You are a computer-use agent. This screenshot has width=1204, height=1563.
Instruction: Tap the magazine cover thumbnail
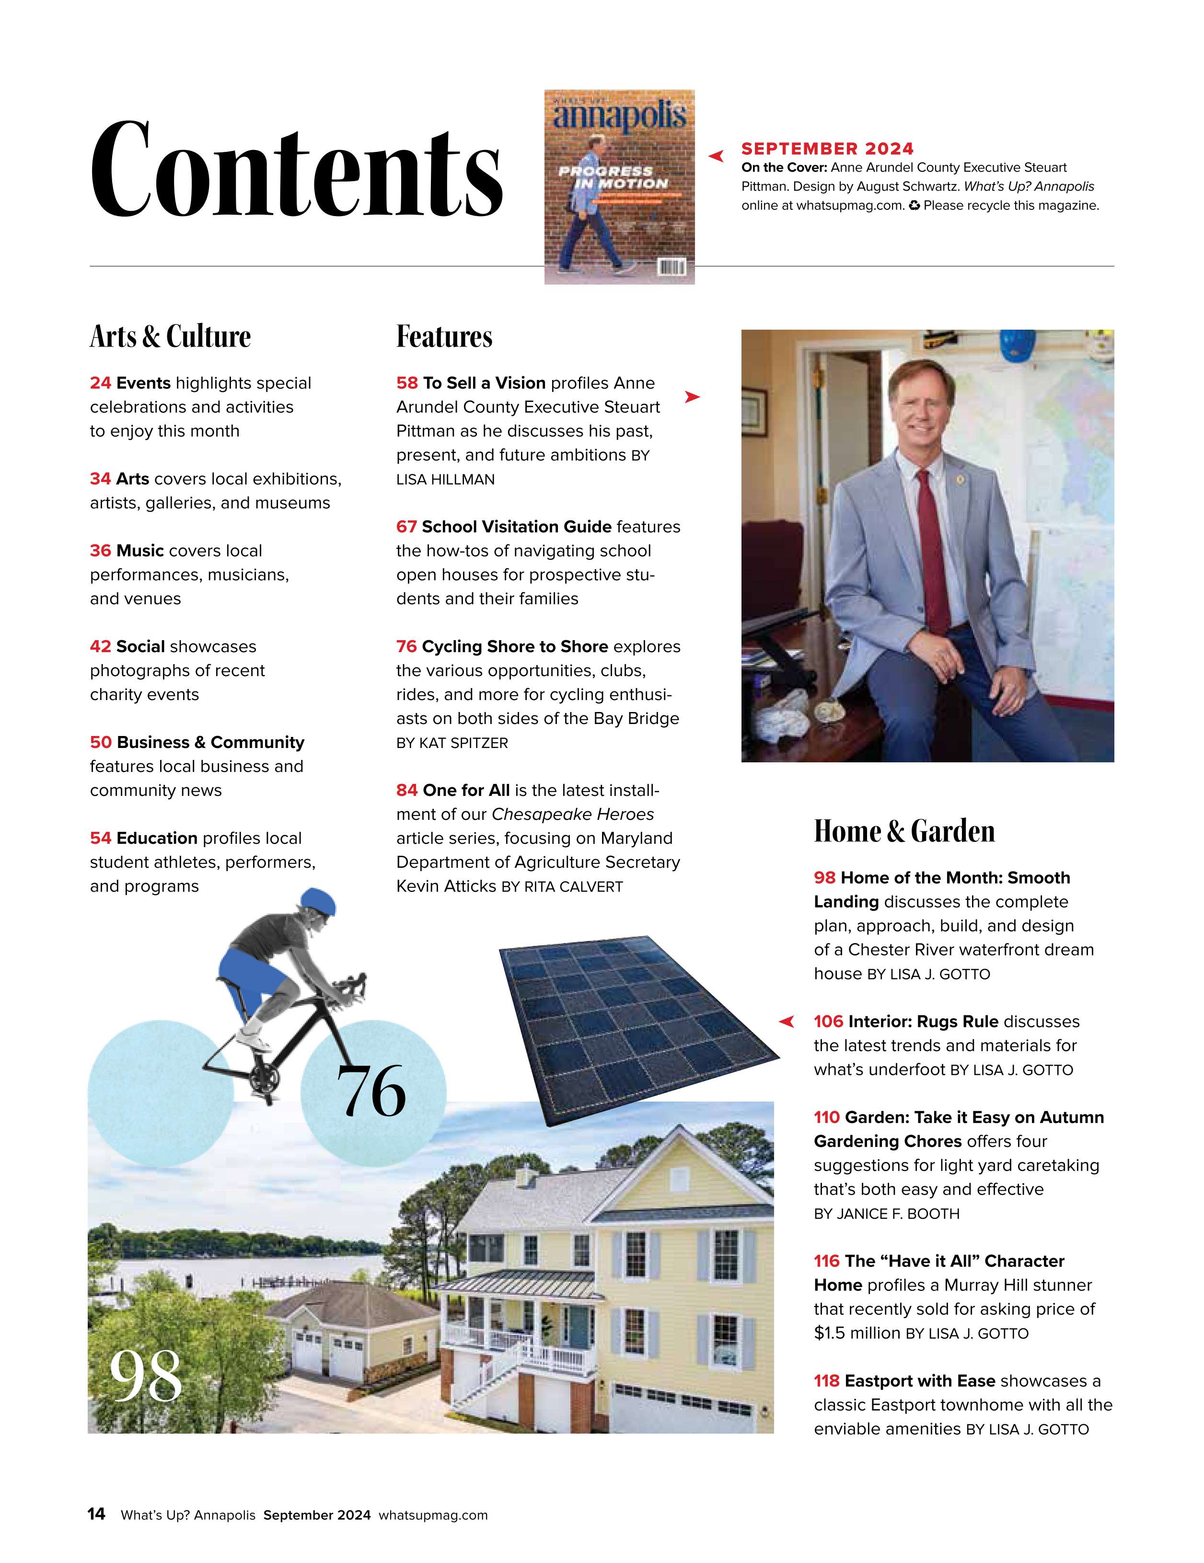619,187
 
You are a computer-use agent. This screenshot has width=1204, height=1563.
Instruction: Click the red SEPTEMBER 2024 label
827,149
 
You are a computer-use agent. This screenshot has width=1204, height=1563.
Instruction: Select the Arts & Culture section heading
170,336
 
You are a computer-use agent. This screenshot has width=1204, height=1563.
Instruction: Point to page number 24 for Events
100,383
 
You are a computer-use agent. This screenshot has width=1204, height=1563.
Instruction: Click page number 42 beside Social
100,646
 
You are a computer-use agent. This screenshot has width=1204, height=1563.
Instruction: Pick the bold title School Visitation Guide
516,527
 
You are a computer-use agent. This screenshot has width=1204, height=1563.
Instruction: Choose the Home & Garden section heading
904,831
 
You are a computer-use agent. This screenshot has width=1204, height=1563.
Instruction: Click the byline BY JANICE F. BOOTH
886,1214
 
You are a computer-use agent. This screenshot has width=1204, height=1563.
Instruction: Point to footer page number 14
96,1514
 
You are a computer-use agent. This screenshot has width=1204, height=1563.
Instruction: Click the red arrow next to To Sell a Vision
692,396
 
